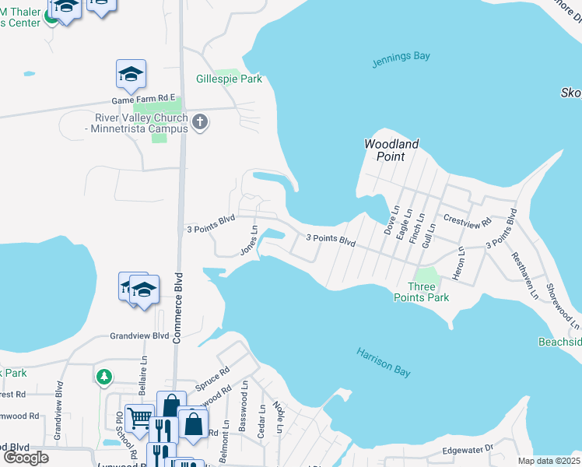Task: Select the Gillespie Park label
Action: tap(229, 79)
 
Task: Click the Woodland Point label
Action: tap(392, 150)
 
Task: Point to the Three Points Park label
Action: tap(424, 292)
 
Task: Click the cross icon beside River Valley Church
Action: tap(201, 121)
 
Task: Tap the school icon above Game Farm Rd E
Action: tap(131, 74)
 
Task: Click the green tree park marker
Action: tap(104, 377)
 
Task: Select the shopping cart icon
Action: tap(139, 418)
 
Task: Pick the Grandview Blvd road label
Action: tap(139, 336)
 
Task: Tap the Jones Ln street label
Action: tap(250, 241)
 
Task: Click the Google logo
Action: tap(26, 458)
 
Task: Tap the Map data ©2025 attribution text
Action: tap(549, 461)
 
